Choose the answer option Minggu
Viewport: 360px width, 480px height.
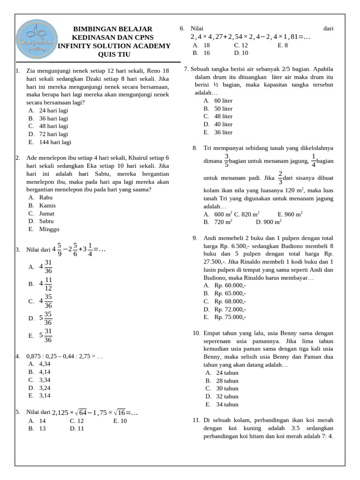click(49, 229)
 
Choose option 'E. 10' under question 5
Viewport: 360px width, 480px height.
click(120, 421)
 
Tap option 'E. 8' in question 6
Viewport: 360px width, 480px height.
click(283, 45)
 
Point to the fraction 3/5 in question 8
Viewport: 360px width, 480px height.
click(226, 160)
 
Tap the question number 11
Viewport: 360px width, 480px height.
click(196, 420)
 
